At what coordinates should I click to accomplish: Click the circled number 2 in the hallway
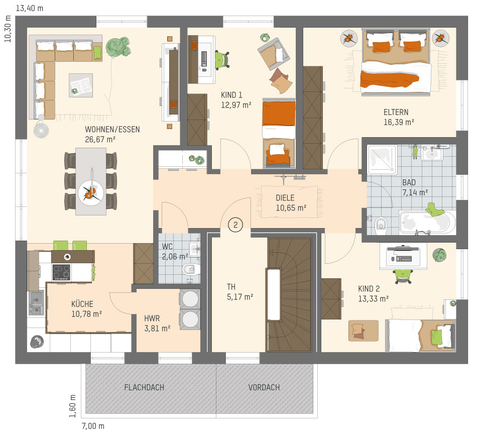tap(235, 225)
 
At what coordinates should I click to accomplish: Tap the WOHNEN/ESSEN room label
tap(112, 130)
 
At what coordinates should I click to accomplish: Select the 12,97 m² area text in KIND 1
tap(236, 105)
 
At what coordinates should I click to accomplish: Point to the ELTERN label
tap(396, 112)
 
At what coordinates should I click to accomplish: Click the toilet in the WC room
tap(190, 269)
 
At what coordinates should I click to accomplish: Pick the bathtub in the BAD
tap(427, 222)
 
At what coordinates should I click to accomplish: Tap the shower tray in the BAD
tap(382, 160)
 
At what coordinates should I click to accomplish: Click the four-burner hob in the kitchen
tap(61, 272)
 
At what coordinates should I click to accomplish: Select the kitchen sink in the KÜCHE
tap(36, 302)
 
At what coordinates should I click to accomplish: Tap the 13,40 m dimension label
tap(30, 9)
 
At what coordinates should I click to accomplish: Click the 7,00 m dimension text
tap(93, 426)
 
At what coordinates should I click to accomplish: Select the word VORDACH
tap(264, 387)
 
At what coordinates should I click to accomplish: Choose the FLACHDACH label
tap(144, 387)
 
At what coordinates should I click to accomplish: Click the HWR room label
tap(152, 318)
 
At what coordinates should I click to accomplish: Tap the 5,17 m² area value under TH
tap(240, 297)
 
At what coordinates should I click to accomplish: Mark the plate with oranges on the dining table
tap(91, 193)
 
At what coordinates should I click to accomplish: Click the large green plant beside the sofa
tap(118, 47)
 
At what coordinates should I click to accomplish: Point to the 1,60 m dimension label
tap(72, 406)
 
